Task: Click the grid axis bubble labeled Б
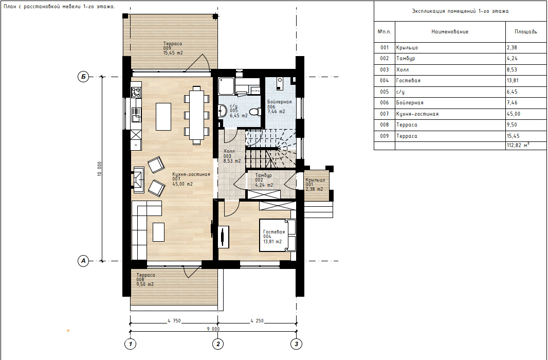coord(83,77)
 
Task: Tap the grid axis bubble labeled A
coord(83,261)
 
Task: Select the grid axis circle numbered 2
coord(218,344)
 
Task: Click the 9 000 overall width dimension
coord(213,329)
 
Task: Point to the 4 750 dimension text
coord(174,321)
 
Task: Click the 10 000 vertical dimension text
coord(100,169)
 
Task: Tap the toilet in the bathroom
coord(256,112)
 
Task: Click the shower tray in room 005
coord(227,86)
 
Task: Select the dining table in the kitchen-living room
coord(197,115)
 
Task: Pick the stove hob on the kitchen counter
coord(136,93)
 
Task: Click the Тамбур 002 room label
coord(264,181)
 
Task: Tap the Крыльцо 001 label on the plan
coord(315,185)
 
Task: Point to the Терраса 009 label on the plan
coord(173,48)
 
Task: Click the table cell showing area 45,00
coord(526,114)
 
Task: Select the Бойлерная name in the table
coord(410,103)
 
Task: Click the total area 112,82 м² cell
coord(526,146)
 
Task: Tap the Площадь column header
coord(525,31)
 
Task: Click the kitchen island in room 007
coord(163,116)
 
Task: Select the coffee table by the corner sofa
coord(159,232)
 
